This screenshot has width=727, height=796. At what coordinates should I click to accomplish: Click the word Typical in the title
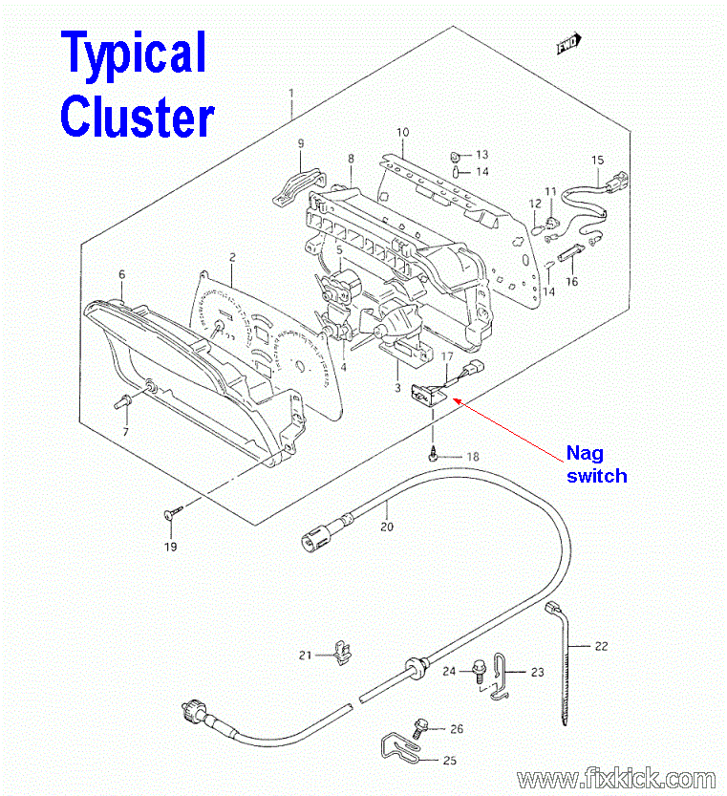click(x=134, y=54)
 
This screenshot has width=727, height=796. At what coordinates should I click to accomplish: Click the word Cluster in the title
click(x=137, y=118)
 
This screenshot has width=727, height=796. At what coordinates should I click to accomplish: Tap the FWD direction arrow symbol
click(x=569, y=43)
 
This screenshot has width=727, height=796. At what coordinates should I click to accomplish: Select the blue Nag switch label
click(x=595, y=463)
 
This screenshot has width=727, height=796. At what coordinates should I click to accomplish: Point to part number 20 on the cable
click(x=387, y=526)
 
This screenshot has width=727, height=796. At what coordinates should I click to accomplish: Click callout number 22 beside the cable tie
click(x=600, y=646)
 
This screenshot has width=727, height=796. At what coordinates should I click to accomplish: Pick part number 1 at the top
click(x=292, y=93)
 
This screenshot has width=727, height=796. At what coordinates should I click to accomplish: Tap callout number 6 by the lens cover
click(x=121, y=274)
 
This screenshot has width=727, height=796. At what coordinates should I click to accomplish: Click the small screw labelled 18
click(x=436, y=457)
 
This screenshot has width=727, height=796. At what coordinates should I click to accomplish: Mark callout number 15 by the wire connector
click(x=598, y=160)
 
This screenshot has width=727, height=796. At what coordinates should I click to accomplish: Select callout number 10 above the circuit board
click(x=403, y=132)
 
